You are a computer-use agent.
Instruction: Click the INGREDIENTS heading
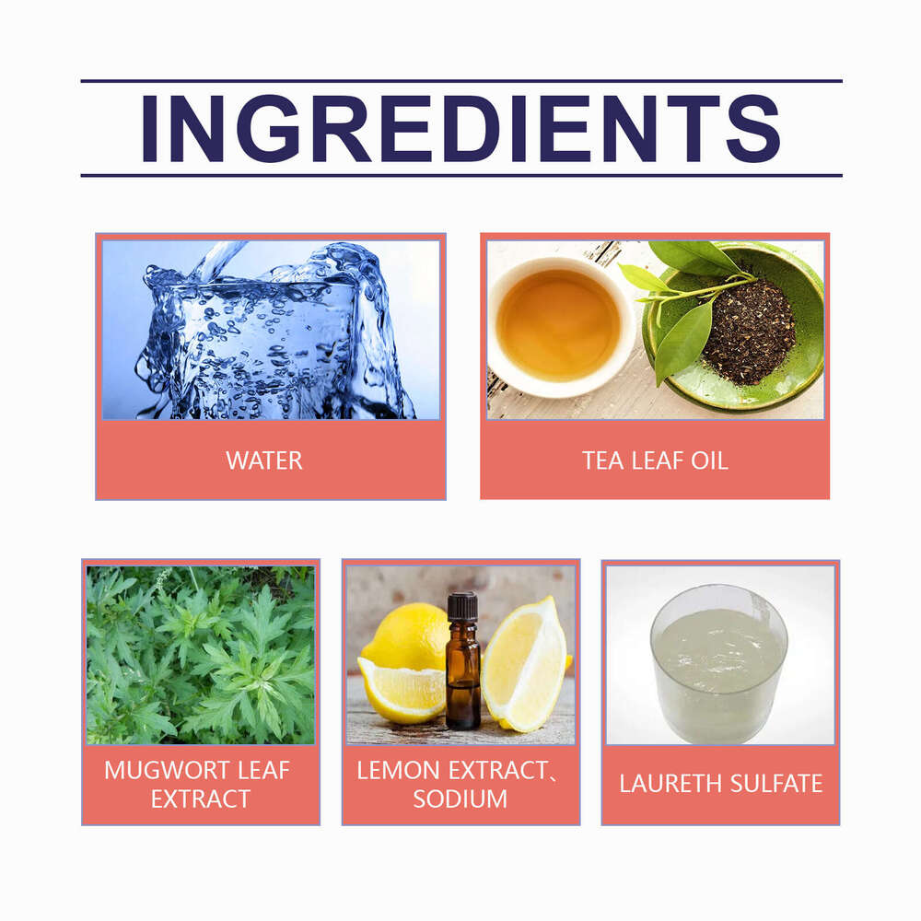461,128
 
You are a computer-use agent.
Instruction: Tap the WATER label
264,460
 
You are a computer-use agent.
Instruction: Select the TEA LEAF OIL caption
655,460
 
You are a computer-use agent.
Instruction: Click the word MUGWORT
158,770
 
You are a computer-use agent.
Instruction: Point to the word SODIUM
460,799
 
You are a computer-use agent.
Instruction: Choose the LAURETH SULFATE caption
721,784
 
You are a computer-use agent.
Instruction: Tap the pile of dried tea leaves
748,331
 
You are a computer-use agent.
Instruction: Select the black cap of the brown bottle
463,606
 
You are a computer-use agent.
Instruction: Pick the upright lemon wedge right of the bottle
525,664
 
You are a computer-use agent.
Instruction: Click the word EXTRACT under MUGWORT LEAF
200,799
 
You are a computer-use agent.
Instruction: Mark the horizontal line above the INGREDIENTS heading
461,81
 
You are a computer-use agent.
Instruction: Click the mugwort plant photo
201,655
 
